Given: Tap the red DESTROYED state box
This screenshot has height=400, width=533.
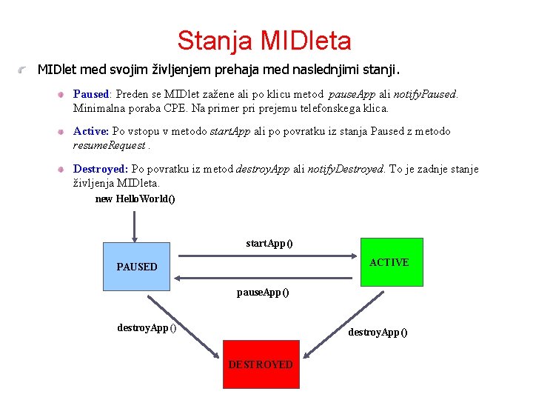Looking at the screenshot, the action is [261, 364].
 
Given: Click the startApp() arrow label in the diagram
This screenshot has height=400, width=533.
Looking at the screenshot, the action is [269, 243].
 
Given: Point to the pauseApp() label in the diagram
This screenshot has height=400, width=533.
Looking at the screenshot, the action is [263, 292].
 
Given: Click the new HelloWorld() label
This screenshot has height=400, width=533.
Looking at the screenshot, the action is [135, 199].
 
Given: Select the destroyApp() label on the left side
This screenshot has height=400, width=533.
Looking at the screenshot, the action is [147, 327].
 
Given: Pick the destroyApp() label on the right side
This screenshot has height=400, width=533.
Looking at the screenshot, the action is [378, 332].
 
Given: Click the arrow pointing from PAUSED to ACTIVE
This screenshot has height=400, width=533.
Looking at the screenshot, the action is [266, 256].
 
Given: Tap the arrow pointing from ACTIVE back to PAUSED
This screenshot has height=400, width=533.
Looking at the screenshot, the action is [266, 279].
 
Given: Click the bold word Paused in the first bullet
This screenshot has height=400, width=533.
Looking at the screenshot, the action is [91, 94].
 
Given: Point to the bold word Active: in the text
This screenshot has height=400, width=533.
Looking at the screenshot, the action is [91, 131].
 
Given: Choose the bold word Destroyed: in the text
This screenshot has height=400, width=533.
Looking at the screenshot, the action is [101, 169].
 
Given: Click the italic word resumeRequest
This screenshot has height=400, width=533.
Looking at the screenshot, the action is [109, 145].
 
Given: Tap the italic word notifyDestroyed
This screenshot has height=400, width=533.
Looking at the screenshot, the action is [346, 169].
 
